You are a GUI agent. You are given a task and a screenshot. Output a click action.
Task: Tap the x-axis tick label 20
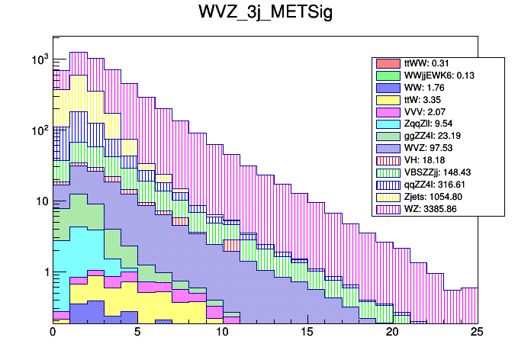click(392, 333)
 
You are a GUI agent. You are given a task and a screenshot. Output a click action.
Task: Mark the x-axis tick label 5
click(138, 333)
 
